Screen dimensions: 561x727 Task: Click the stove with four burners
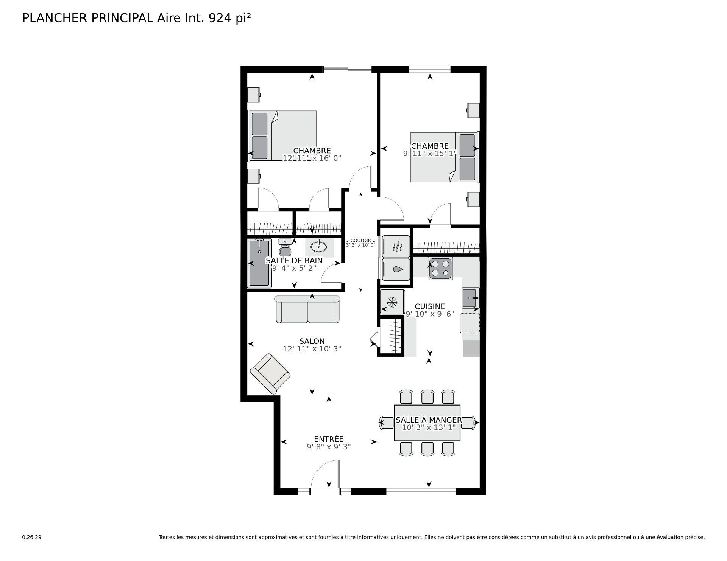[x=440, y=269]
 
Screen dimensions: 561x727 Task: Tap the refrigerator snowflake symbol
[x=392, y=302]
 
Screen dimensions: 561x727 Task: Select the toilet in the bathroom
[x=285, y=248]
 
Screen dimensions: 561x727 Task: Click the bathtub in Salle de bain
[x=259, y=263]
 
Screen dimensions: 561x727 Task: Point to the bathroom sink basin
[x=319, y=247]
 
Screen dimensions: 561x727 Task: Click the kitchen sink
[x=471, y=298]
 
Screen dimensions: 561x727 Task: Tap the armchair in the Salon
[x=270, y=374]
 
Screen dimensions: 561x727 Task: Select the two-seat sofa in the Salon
[x=307, y=309]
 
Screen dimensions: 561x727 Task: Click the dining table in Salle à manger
[x=427, y=423]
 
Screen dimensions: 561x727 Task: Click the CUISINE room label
[x=430, y=306]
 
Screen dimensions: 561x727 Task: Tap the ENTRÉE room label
[x=329, y=439]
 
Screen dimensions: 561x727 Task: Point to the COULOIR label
[x=360, y=241]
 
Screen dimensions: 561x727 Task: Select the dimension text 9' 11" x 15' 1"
[x=430, y=154]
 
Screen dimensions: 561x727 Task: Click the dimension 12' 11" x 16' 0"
[x=312, y=158]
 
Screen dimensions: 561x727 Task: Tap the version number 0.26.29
[x=31, y=537]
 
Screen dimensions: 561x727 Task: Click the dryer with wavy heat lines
[x=396, y=247]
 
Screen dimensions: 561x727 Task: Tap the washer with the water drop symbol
[x=396, y=269]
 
